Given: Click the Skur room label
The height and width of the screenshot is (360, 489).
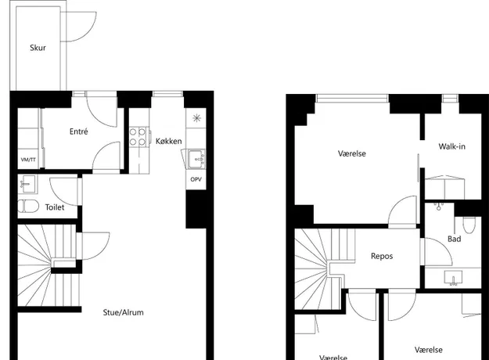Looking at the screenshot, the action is tap(38, 48).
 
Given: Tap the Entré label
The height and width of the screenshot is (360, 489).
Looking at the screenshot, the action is tap(78, 131).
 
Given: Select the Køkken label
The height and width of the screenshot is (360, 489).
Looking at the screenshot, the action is tap(168, 141).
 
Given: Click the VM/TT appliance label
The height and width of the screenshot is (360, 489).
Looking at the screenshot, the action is tap(28, 160).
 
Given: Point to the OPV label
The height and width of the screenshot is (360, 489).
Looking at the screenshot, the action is tap(196, 179).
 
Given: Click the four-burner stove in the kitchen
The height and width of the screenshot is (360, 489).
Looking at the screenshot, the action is tap(138, 137).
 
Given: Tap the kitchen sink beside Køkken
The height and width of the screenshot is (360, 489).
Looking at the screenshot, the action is tap(196, 159).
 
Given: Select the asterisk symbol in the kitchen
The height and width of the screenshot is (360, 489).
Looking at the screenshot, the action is tap(196, 118).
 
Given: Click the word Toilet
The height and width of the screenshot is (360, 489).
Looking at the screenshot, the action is tap(55, 207).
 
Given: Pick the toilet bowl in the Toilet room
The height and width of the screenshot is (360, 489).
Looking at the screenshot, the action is tap(28, 206).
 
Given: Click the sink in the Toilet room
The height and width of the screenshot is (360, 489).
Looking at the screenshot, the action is tap(27, 183).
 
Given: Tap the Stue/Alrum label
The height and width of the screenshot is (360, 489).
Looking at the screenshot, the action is tap(123, 312).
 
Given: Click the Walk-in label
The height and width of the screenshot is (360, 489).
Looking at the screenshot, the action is tap(452, 146).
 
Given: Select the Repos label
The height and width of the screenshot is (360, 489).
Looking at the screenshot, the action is tap(382, 256).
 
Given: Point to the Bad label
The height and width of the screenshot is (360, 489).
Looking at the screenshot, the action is tap(454, 239).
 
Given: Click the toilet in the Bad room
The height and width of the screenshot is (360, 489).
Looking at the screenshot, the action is tap(469, 225).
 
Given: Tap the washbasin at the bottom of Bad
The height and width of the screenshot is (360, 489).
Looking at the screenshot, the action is tap(454, 277).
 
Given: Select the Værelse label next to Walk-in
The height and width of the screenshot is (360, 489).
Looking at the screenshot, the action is tap(352, 153).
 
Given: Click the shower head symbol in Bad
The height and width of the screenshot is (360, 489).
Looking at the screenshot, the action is tap(438, 206).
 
